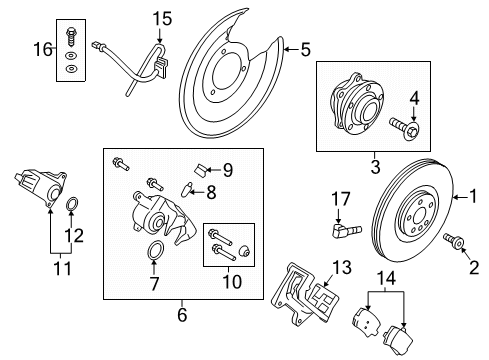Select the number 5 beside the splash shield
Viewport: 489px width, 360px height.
306,47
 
